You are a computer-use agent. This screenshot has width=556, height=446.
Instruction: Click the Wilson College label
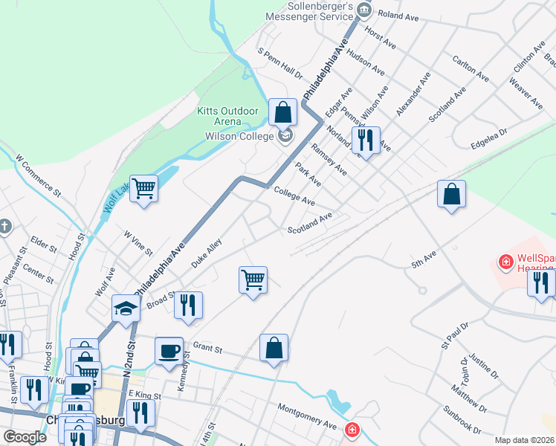(240, 136)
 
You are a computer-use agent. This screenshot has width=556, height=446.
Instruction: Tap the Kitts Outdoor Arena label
(227, 116)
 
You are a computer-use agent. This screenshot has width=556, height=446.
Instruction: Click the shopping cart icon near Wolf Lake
(143, 189)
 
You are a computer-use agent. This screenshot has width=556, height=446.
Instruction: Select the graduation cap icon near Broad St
(126, 308)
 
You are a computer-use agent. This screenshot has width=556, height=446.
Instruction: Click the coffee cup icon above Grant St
(169, 350)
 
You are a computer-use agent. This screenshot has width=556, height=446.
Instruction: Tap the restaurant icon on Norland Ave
(365, 138)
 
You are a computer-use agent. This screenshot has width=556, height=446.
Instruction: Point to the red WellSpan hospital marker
(505, 262)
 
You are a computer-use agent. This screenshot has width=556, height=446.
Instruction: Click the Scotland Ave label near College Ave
(310, 224)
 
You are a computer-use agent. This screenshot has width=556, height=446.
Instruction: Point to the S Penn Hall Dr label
(280, 64)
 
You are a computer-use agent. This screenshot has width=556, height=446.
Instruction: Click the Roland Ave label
(398, 15)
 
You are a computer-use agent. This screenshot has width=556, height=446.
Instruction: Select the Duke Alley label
(207, 257)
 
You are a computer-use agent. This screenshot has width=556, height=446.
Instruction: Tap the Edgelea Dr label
(488, 137)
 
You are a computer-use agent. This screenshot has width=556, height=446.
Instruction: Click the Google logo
(25, 437)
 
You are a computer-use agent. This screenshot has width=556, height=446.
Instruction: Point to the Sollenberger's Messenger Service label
(309, 10)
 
